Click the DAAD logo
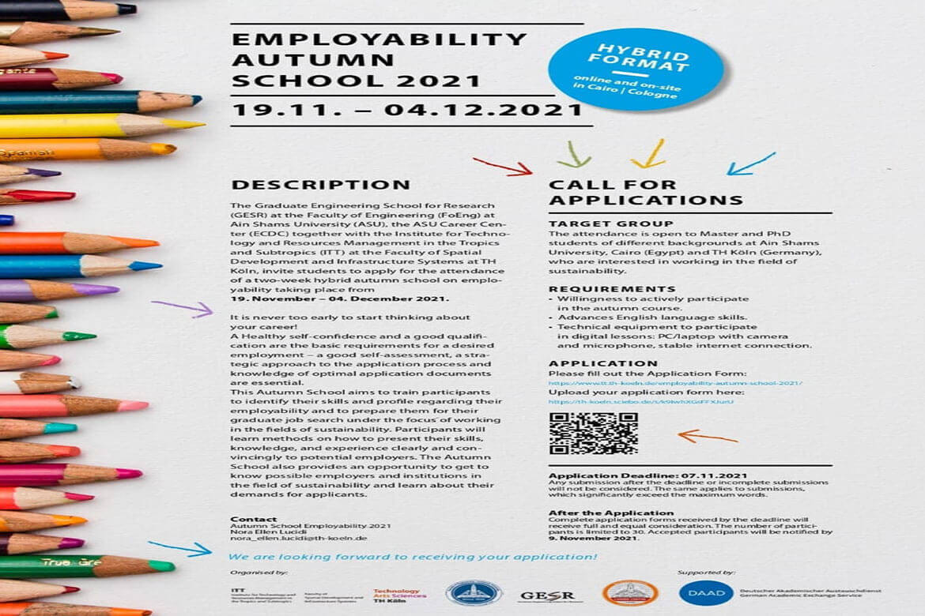(x=705, y=592)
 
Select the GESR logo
(x=546, y=595)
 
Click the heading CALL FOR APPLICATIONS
(x=645, y=193)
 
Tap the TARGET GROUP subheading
(x=610, y=224)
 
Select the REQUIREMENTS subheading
(x=612, y=289)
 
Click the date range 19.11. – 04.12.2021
(x=406, y=110)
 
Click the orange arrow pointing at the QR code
(x=707, y=436)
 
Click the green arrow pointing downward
(x=574, y=154)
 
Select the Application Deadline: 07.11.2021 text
(x=648, y=475)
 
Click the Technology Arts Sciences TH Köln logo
(x=399, y=593)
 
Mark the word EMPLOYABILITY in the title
(x=379, y=39)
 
